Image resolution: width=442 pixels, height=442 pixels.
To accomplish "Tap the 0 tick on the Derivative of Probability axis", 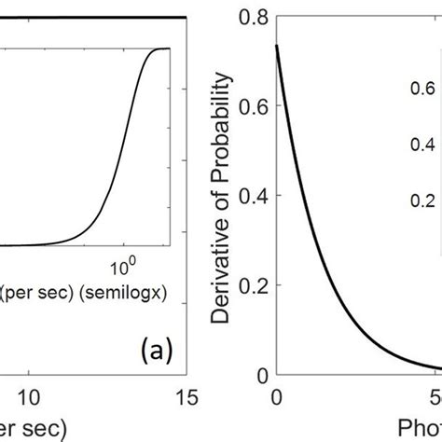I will [261, 375].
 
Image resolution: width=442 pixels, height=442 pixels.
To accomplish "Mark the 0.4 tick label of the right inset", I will [422, 145].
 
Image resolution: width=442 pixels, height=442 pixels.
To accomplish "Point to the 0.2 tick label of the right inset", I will [422, 200].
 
